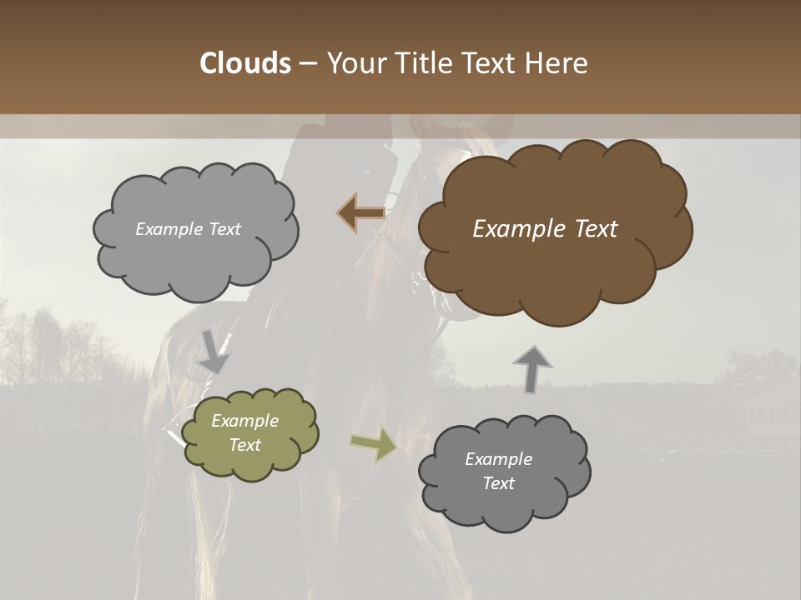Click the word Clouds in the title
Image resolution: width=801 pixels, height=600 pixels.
click(244, 63)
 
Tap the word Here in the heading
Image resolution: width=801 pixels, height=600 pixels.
click(557, 63)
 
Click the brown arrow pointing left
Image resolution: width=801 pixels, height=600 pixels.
click(362, 212)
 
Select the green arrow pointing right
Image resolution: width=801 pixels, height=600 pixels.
click(374, 443)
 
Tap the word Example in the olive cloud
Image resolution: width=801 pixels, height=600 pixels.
click(244, 421)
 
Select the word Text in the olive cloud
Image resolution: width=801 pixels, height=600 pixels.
click(244, 445)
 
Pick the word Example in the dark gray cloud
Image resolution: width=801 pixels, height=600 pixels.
click(498, 459)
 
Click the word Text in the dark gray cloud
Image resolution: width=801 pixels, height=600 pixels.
click(498, 483)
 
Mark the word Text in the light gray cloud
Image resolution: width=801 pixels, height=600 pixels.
click(224, 229)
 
